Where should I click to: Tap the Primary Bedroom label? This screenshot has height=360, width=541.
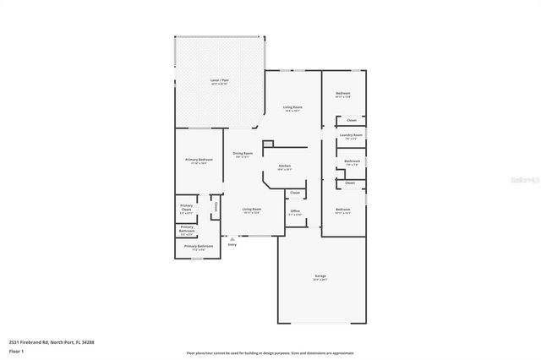199,160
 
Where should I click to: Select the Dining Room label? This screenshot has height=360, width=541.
243,154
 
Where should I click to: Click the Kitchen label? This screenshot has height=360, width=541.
286,166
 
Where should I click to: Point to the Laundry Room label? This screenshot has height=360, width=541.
351,135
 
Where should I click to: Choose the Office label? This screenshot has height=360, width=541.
295,211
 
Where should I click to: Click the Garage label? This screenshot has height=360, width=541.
320,276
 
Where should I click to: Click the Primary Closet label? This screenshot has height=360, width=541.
186,208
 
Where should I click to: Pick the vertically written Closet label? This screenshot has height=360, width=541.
216,205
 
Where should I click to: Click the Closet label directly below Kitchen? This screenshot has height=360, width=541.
294,193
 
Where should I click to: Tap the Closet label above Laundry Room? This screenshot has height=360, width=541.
351,121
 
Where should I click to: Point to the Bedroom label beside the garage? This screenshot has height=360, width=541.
342,210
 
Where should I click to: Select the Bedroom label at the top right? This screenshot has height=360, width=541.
342,93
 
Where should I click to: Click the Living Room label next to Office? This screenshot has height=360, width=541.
251,210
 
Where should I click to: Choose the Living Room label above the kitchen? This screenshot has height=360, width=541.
292,107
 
